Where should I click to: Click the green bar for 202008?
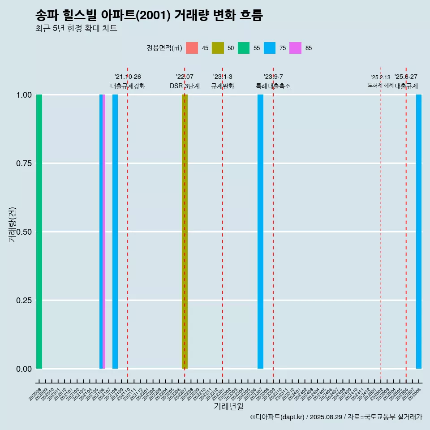[x=39, y=232]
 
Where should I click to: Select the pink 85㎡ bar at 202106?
[x=104, y=232]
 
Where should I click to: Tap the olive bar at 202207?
[x=185, y=232]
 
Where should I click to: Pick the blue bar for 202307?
[x=260, y=232]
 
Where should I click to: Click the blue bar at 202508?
[x=419, y=232]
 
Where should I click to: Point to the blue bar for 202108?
[x=115, y=232]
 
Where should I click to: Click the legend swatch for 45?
[x=192, y=48]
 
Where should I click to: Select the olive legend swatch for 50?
[x=218, y=48]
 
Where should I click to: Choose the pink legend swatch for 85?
[x=295, y=48]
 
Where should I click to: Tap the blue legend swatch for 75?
[x=270, y=48]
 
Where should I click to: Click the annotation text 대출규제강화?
[x=128, y=86]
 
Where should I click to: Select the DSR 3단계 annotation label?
[x=185, y=86]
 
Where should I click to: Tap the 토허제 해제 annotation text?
[x=380, y=85]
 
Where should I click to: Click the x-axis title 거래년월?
[x=229, y=406]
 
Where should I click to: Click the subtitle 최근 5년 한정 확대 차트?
[x=76, y=29]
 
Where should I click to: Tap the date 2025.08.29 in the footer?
[x=326, y=417]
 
